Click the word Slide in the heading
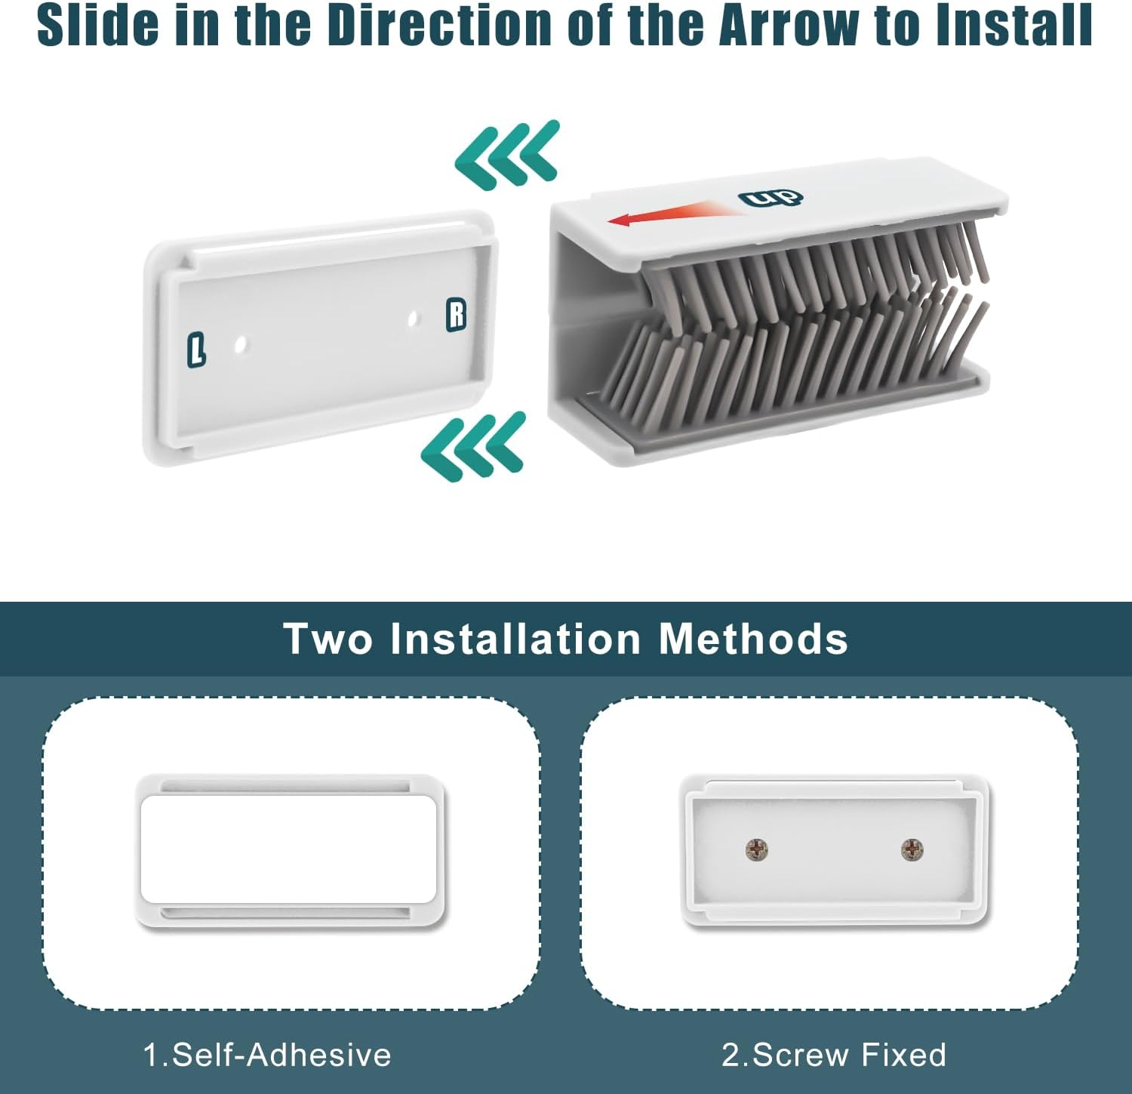(98, 25)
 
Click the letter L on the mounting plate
(196, 350)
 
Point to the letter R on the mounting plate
(457, 315)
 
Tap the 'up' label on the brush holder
(771, 199)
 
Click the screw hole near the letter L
(241, 345)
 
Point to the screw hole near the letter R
(412, 319)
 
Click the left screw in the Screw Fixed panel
(756, 849)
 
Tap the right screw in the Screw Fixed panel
(912, 849)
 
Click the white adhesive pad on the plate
(289, 849)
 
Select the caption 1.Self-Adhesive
(267, 1055)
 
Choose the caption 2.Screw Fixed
(834, 1055)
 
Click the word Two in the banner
(328, 639)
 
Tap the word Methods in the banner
(753, 639)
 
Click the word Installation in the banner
(515, 639)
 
